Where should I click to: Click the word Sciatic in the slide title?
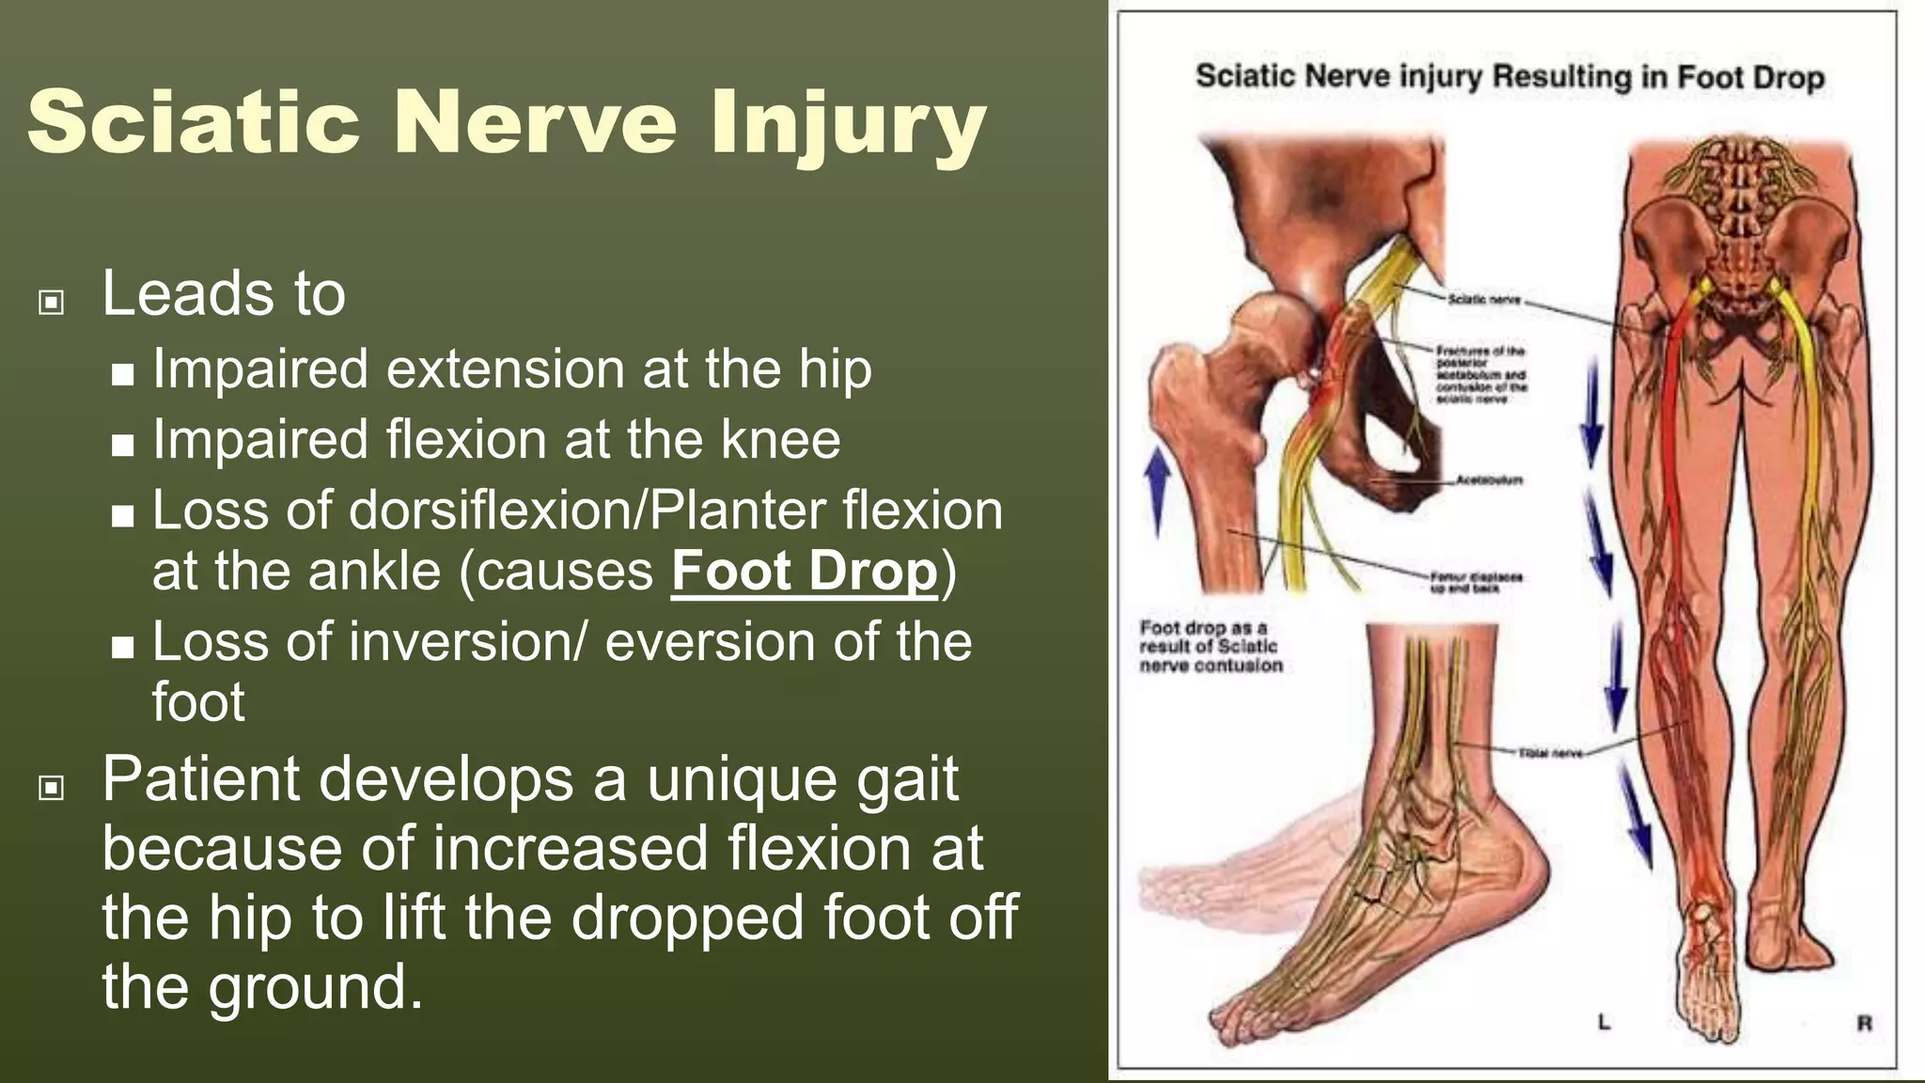(x=194, y=122)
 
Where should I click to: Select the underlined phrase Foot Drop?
(x=805, y=571)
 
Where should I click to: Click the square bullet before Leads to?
(x=51, y=302)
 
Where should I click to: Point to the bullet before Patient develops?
(x=51, y=787)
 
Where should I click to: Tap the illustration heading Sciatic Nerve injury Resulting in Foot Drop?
(x=1509, y=76)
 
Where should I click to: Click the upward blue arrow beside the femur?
(x=1158, y=489)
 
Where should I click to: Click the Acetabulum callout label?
(x=1489, y=480)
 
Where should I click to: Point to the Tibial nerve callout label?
(x=1550, y=753)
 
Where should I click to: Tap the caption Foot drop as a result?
(x=1210, y=647)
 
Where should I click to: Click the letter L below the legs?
(x=1604, y=1022)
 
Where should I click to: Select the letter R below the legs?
(x=1864, y=1023)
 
